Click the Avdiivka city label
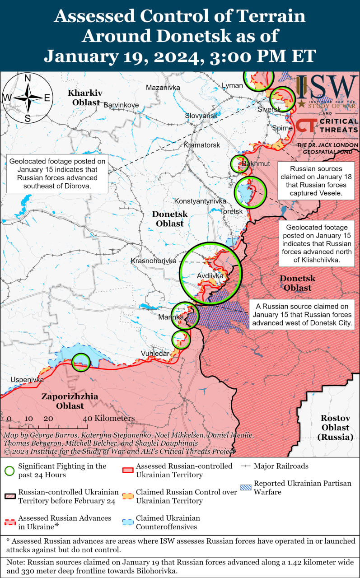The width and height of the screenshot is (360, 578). (x=210, y=275)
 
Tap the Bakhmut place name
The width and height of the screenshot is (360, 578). (x=256, y=163)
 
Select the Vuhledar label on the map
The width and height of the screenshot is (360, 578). (x=154, y=354)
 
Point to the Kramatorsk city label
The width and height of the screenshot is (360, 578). (x=201, y=145)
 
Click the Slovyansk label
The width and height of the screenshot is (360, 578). (x=201, y=116)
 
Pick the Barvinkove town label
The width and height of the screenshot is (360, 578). (x=121, y=105)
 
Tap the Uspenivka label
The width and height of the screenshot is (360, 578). (x=27, y=380)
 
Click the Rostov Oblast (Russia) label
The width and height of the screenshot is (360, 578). (x=335, y=427)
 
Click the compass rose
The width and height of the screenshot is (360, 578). (x=28, y=98)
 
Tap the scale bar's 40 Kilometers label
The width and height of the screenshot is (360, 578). (x=108, y=419)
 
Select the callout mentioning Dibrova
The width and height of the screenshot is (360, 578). (x=57, y=173)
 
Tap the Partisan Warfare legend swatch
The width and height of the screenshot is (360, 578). (x=246, y=488)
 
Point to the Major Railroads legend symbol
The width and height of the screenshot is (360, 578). (x=246, y=466)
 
